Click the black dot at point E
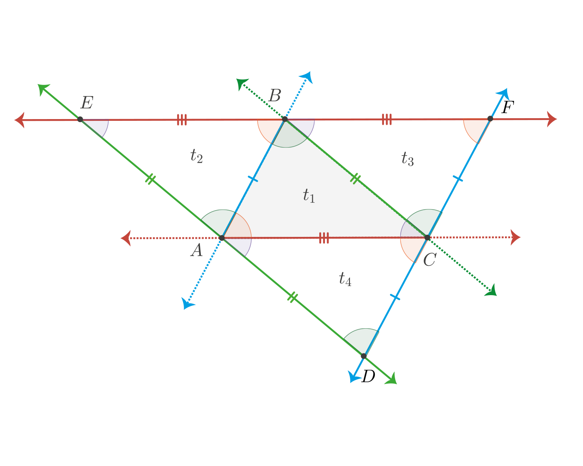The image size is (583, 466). [x=80, y=119]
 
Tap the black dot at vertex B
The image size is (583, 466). [x=285, y=119]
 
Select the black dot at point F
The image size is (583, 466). [x=490, y=119]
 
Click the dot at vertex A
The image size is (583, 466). [x=222, y=238]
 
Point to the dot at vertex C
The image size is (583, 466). [x=427, y=238]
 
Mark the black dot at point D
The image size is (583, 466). [x=364, y=356]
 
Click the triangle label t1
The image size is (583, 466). [x=309, y=195]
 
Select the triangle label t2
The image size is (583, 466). [x=196, y=156]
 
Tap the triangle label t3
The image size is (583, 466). [x=408, y=158]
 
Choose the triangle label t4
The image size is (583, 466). [x=345, y=279]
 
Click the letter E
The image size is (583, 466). [x=87, y=103]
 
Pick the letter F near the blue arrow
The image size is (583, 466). [x=508, y=107]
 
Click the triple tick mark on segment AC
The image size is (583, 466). [x=324, y=238]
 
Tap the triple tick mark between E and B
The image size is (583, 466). [x=182, y=120]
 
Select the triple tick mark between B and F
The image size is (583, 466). [x=387, y=120]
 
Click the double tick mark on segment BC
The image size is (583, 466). [x=355, y=179]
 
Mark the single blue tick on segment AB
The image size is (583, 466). [x=253, y=179]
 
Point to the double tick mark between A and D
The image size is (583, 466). [x=293, y=297]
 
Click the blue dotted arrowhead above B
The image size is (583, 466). [x=307, y=77]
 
